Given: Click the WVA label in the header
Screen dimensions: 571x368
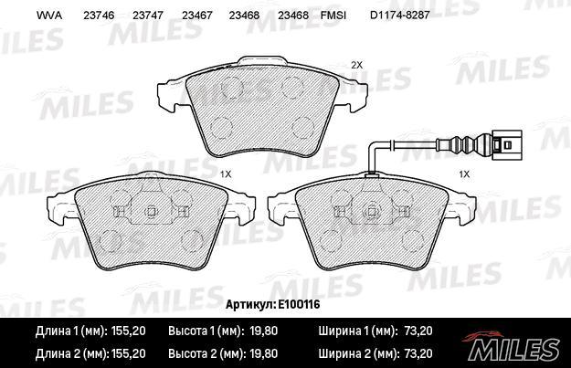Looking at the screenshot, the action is click(x=49, y=16).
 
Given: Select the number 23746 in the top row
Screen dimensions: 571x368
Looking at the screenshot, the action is click(x=99, y=16).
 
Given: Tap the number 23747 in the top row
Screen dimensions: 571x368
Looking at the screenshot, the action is click(x=148, y=16).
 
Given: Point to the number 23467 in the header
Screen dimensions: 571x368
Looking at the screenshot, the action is click(x=197, y=16).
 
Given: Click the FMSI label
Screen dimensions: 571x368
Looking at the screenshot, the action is click(x=333, y=16).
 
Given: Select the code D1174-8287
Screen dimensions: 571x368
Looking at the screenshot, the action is click(x=400, y=16).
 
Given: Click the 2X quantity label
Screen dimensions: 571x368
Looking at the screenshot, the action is click(x=357, y=65).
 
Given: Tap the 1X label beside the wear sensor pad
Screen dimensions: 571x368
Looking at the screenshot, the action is click(x=464, y=174).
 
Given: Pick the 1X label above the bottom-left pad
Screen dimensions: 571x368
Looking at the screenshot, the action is click(x=226, y=174).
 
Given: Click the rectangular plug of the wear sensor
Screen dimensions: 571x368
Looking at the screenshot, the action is click(x=506, y=145).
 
